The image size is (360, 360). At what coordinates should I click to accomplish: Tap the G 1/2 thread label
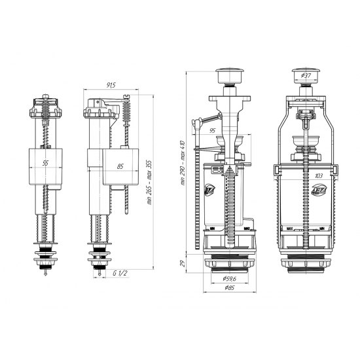click(119, 273)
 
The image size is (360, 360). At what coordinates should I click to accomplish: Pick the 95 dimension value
click(213, 130)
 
